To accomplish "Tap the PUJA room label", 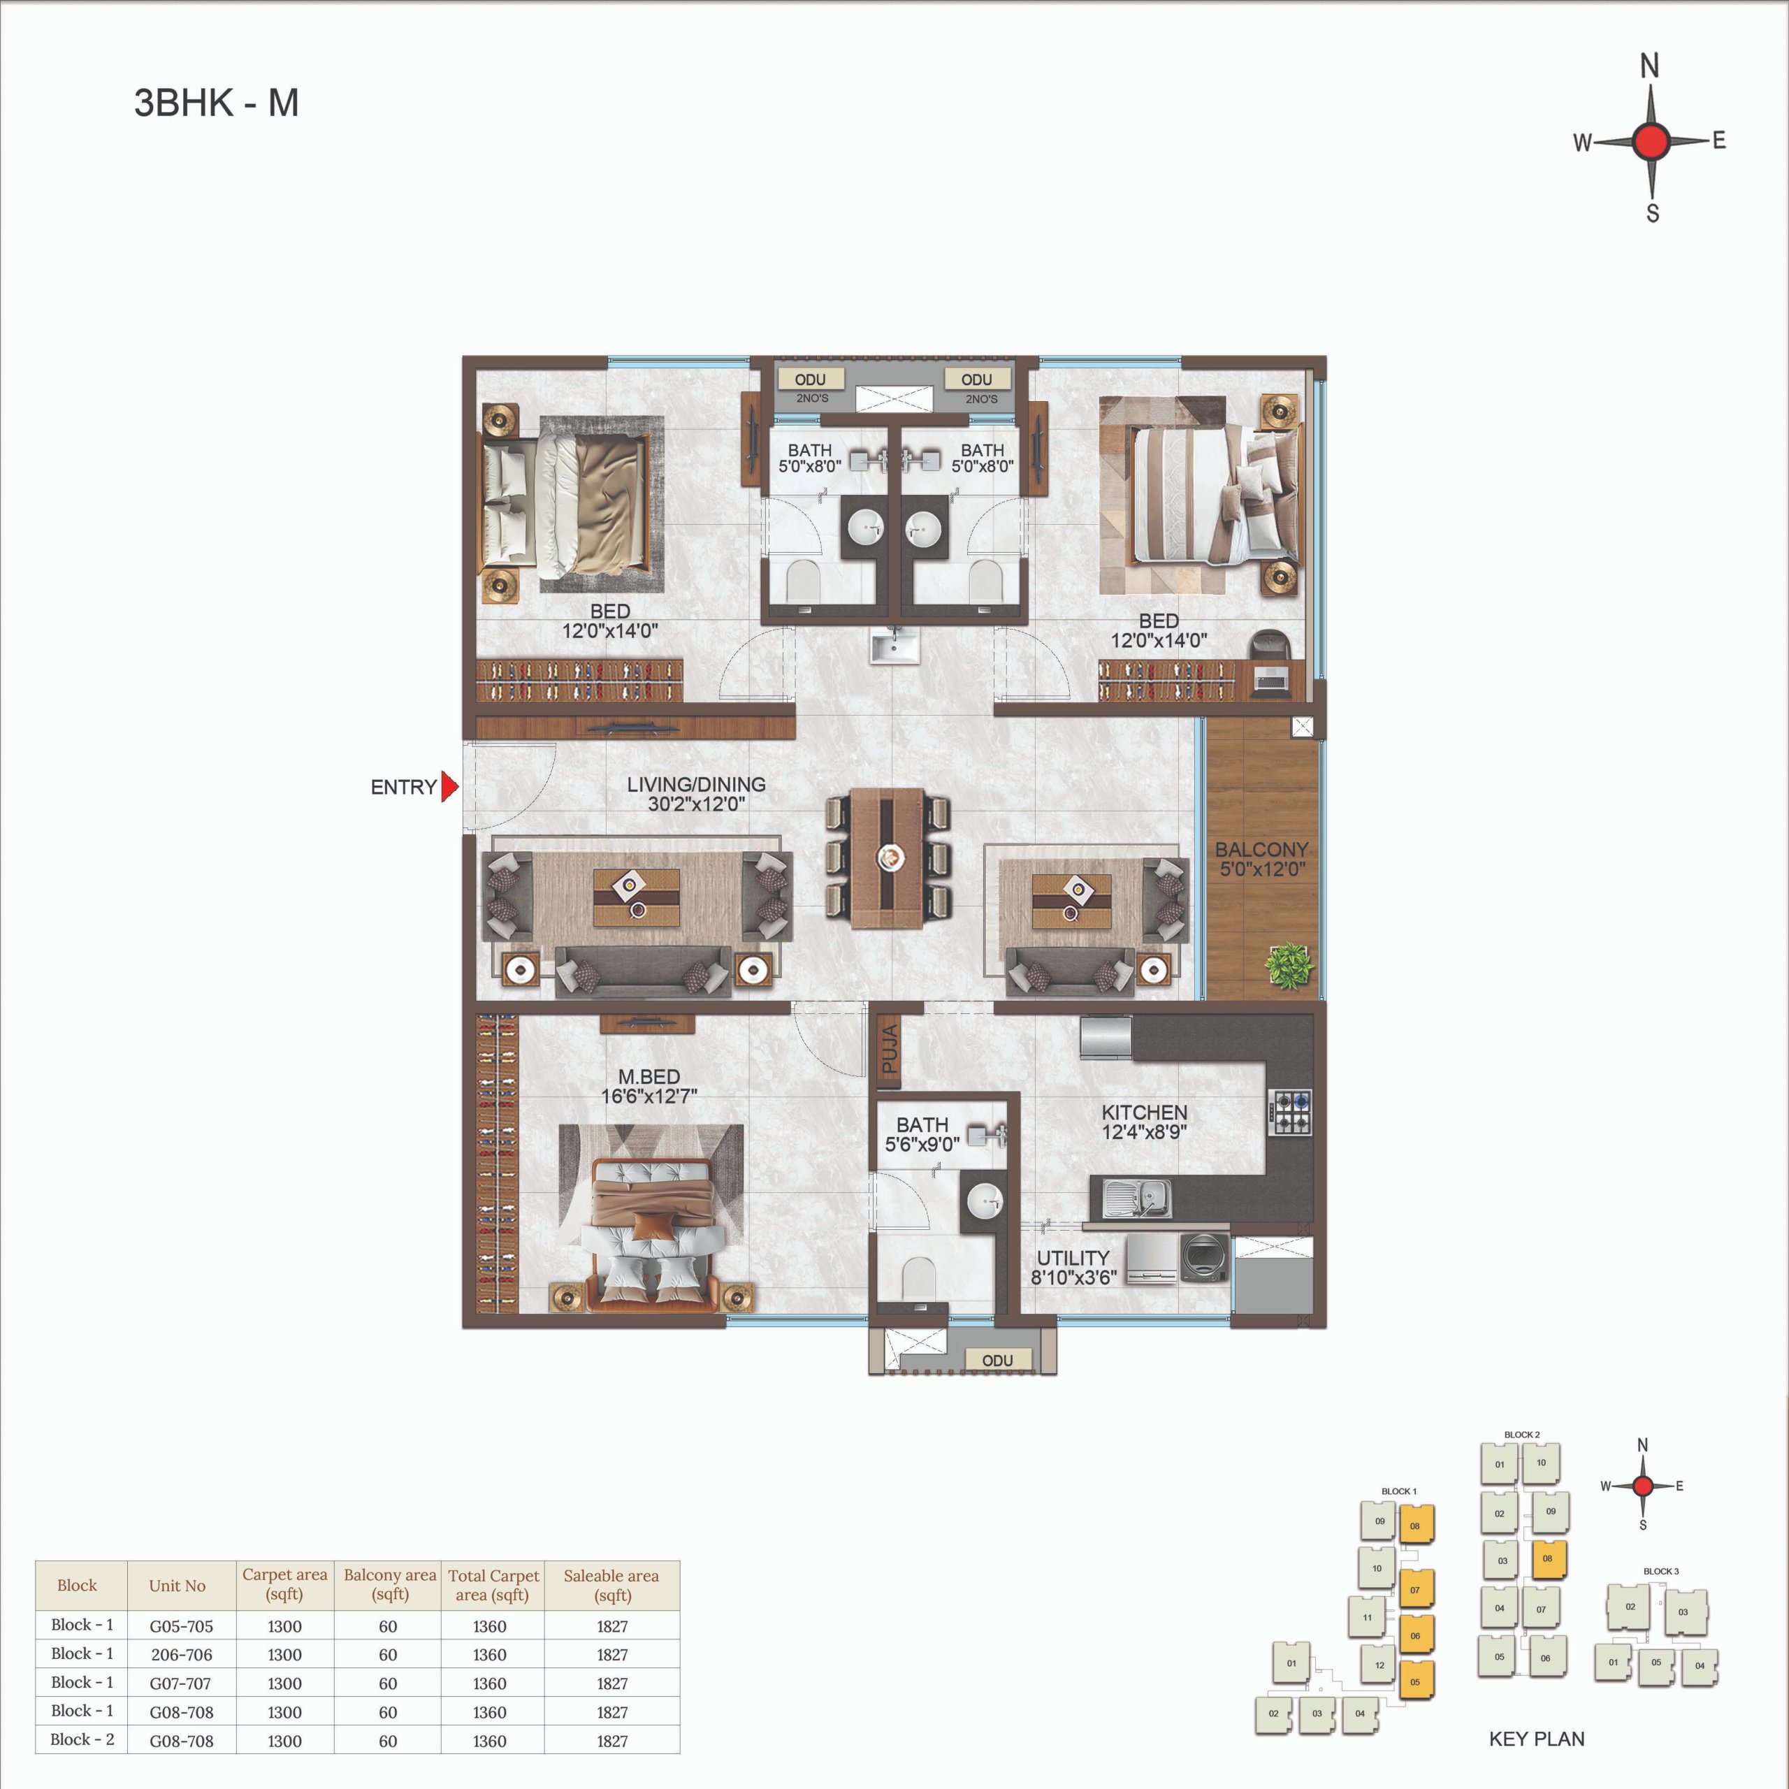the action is click(x=890, y=1049).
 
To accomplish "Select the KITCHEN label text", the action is click(x=1145, y=1112).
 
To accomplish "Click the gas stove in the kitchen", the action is click(x=1291, y=1113).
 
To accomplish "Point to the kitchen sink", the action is click(x=1137, y=1198).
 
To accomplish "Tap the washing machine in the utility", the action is click(x=1204, y=1257).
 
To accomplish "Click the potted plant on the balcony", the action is click(x=1288, y=966).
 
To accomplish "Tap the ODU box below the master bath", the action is click(x=997, y=1359).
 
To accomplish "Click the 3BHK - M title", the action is click(x=217, y=103).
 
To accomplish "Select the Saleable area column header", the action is click(x=611, y=1584).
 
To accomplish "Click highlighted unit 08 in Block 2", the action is click(x=1548, y=1559).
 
